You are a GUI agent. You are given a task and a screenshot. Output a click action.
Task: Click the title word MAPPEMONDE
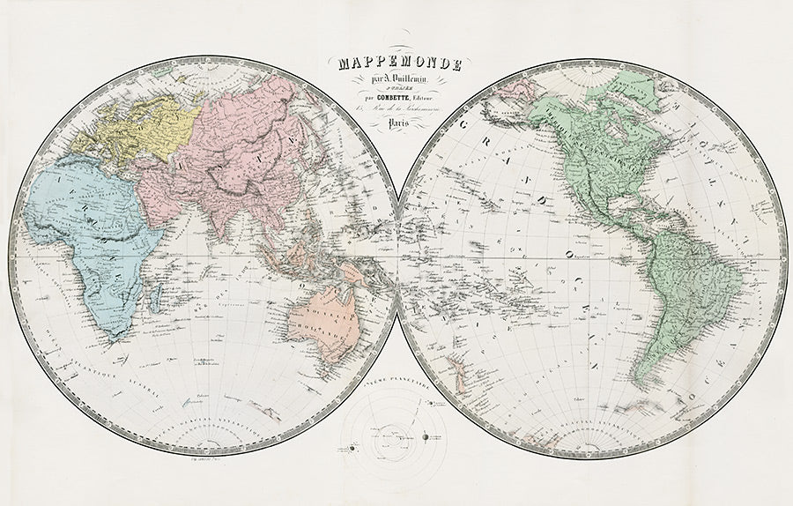399,64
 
